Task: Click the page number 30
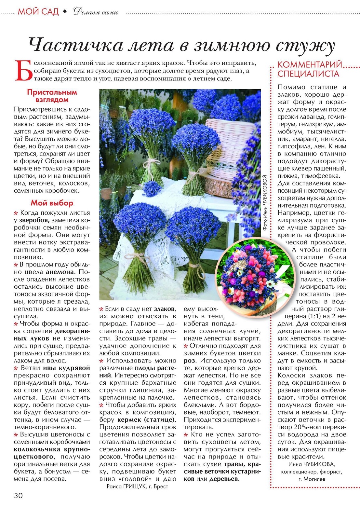(x=18, y=495)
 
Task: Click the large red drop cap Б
(x=23, y=71)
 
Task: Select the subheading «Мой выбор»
(x=52, y=203)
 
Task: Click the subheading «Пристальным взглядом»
(x=52, y=96)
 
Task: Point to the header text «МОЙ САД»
(x=38, y=12)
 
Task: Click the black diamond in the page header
(x=65, y=12)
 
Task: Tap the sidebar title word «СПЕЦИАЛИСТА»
(x=308, y=74)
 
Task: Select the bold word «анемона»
(x=60, y=272)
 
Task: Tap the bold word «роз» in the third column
(x=190, y=361)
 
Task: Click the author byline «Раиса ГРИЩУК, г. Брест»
(x=137, y=486)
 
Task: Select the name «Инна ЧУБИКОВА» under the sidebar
(x=311, y=464)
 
